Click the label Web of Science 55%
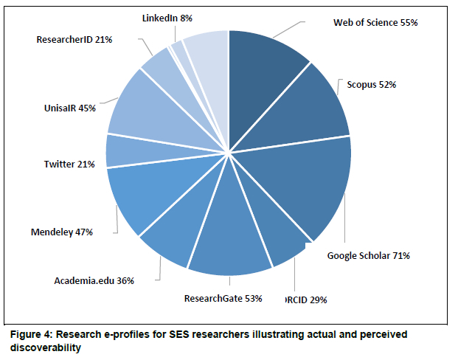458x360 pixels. (x=375, y=23)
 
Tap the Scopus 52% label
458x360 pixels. (x=372, y=85)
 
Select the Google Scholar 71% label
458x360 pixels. (x=368, y=256)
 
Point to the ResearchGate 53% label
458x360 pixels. (x=221, y=299)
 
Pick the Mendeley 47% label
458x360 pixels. (x=61, y=231)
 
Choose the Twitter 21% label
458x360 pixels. (x=69, y=164)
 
